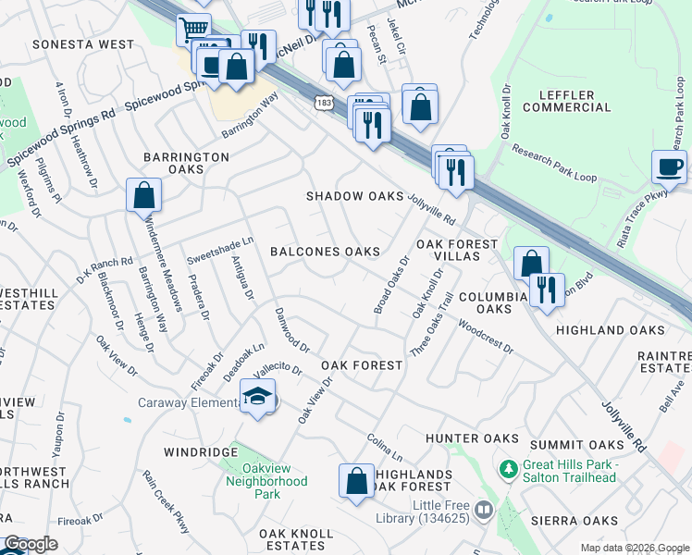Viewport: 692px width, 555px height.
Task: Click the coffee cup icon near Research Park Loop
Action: coord(669,167)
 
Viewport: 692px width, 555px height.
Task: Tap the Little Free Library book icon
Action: coord(483,510)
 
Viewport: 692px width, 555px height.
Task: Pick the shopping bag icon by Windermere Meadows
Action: coord(143,195)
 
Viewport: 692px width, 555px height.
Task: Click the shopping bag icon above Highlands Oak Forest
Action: coord(356,481)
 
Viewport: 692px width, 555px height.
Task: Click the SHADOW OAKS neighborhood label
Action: coord(355,196)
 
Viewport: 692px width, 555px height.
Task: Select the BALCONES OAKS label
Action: coord(325,252)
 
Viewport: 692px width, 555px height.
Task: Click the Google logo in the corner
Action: coord(30,545)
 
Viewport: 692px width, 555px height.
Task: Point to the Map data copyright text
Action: coord(634,548)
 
